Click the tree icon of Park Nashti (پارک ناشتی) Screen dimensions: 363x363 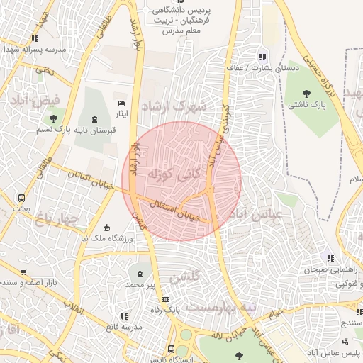coord(306,93)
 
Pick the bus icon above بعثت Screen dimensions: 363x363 coord(22,199)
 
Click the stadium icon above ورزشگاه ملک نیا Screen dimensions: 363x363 coord(107,228)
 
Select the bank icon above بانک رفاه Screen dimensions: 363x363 coord(166,300)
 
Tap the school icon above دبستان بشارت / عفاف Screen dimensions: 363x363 coord(262,57)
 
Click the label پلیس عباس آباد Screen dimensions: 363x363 coord(333,352)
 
